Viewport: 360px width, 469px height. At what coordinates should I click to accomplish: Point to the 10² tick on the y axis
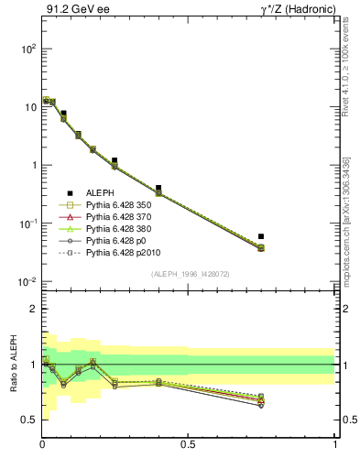click(x=27, y=48)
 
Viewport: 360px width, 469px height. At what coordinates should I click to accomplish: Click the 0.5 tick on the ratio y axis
click(x=29, y=420)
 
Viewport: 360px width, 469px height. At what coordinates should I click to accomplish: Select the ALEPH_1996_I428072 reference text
click(x=189, y=275)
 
